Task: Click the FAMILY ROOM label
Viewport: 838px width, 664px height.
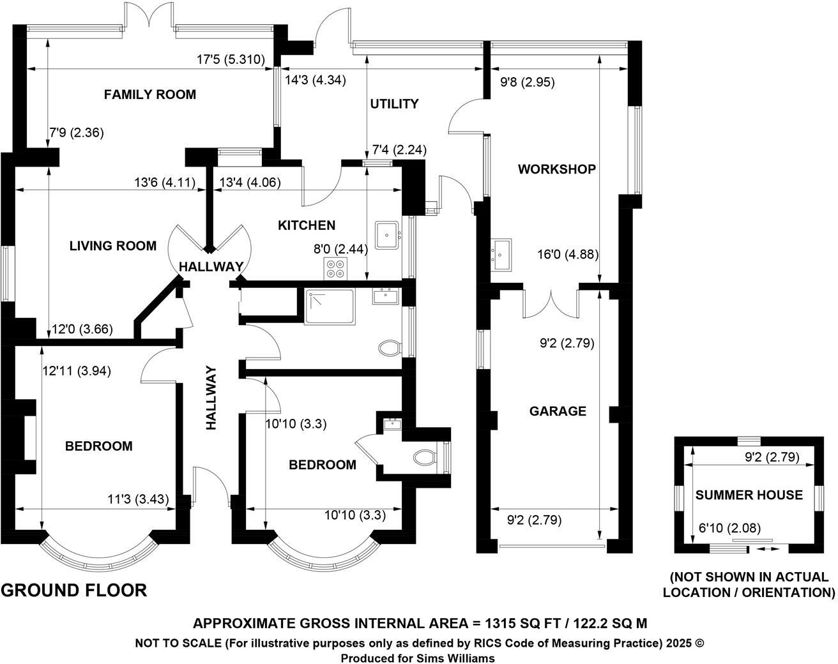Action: tap(149, 94)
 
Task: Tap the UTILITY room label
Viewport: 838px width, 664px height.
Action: tap(394, 103)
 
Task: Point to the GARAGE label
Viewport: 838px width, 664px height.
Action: tap(558, 411)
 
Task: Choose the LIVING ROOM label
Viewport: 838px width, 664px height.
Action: tap(113, 246)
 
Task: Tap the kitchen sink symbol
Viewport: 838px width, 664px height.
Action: tap(387, 235)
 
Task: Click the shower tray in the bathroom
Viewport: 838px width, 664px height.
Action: tap(330, 307)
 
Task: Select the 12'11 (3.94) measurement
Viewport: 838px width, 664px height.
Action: tap(76, 371)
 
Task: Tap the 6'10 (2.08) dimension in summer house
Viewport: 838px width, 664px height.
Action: tap(729, 528)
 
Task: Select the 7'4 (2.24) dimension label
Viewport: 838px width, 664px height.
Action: tap(399, 150)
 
